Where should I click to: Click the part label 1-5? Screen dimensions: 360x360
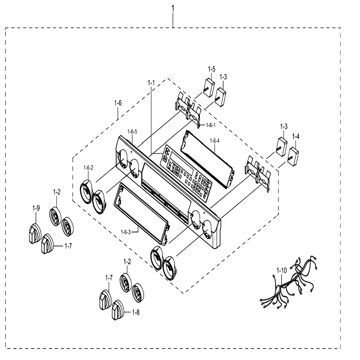pos(211,69)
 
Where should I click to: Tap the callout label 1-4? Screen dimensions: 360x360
pos(296,136)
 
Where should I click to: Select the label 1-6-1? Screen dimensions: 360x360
pos(211,125)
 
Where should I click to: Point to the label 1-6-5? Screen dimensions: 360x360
pos(132,131)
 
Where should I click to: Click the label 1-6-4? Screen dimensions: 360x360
pos(215,141)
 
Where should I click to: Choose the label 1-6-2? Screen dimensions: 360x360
pos(89,168)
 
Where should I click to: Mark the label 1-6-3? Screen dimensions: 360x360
pos(126,232)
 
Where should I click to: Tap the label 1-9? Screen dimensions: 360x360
pos(36,208)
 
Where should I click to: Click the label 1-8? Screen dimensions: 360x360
pos(136,312)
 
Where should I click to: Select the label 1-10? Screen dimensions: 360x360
pos(282,271)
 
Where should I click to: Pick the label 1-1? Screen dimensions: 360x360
pos(151,83)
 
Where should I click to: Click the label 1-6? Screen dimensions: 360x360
pos(118,103)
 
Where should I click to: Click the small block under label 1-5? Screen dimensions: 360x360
pos(209,87)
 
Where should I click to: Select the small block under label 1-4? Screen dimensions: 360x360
pos(293,157)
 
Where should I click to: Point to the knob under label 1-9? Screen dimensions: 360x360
pos(35,234)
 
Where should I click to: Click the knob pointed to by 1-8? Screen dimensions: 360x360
pos(118,310)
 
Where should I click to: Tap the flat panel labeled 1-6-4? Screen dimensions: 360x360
pos(208,159)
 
